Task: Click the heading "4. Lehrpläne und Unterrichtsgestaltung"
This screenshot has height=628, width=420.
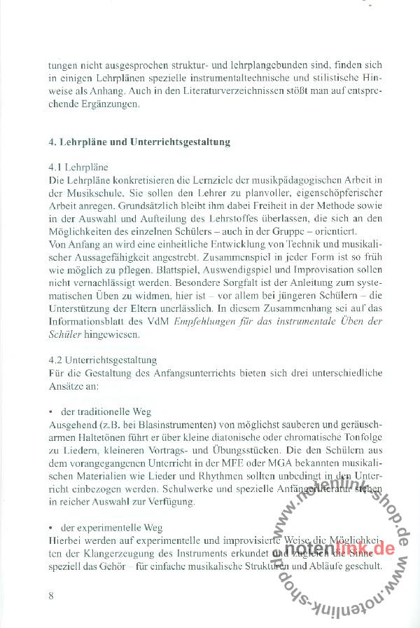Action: click(140, 142)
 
